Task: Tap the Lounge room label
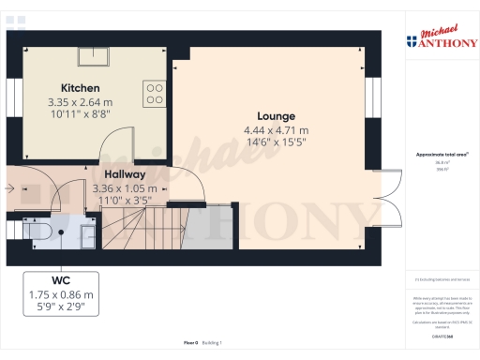pos(277,116)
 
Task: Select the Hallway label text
pos(124,174)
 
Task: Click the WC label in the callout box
pos(60,279)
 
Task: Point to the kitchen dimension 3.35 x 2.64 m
pos(80,101)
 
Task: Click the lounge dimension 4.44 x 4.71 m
pos(277,130)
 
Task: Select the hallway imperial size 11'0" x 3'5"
pos(126,200)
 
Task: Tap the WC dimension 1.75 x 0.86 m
pos(60,294)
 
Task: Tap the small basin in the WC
pos(87,231)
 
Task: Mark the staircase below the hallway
pos(141,227)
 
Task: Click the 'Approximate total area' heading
pos(441,154)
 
